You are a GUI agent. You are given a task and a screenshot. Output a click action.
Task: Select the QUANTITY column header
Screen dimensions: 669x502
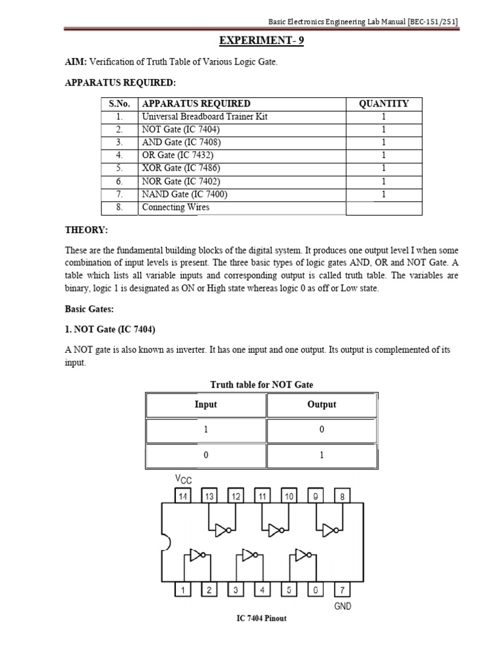[384, 103]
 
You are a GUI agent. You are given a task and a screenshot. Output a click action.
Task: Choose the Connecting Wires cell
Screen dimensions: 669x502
[176, 208]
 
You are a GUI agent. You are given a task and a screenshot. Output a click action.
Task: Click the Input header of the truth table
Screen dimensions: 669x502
[205, 404]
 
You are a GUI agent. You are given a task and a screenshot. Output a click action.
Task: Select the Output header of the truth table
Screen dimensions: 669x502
[322, 404]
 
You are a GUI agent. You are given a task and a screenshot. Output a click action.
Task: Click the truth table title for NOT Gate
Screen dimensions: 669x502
[261, 385]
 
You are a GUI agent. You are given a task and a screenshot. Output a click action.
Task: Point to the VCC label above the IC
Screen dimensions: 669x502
[183, 480]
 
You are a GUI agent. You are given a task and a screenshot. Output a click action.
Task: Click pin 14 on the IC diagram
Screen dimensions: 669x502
[184, 497]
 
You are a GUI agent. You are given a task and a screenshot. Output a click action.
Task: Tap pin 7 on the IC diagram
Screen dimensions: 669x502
[342, 590]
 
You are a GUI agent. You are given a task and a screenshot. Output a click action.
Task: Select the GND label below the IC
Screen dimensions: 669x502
[342, 606]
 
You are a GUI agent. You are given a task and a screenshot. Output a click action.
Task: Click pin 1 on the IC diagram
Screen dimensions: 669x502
[184, 590]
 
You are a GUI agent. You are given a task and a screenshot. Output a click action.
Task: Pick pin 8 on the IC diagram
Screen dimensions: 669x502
[342, 497]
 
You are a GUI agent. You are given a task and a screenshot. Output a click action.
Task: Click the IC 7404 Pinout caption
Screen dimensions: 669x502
[261, 618]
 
